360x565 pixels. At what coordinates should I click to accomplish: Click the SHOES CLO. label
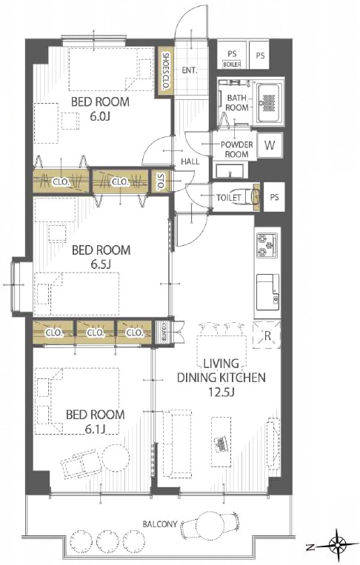click(166, 71)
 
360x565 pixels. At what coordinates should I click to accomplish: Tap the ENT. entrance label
click(190, 70)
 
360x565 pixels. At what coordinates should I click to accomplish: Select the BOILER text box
click(232, 64)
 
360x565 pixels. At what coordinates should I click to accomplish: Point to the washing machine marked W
click(270, 146)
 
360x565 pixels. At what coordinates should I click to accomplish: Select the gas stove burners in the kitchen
click(267, 245)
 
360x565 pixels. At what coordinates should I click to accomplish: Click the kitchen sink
click(267, 292)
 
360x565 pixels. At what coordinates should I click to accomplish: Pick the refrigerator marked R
click(267, 335)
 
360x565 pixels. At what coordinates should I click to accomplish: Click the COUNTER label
click(163, 332)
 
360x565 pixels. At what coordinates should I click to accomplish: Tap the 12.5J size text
click(221, 392)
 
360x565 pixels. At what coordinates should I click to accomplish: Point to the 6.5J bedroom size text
click(100, 264)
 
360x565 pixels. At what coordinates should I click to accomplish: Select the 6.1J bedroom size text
click(95, 429)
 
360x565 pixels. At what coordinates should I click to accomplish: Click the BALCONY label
click(160, 524)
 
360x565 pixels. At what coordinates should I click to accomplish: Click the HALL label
click(190, 161)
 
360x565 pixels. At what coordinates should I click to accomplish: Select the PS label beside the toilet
click(274, 197)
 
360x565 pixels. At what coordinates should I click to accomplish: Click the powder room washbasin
click(230, 171)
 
